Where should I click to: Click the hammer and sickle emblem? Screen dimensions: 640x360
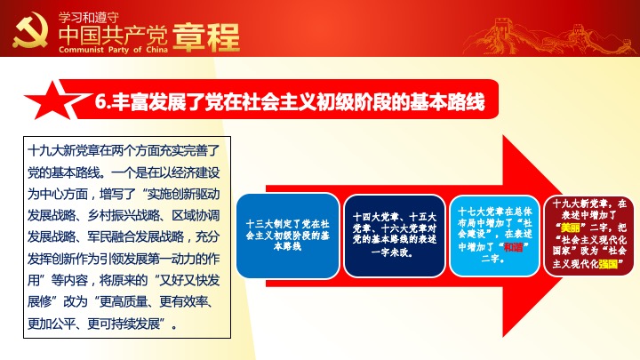(x=30, y=30)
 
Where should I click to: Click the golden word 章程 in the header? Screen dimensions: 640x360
(x=206, y=37)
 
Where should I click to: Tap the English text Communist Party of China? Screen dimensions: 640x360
(x=113, y=50)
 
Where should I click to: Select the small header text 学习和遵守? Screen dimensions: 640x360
(x=89, y=18)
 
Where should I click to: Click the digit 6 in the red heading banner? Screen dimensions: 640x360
(x=100, y=101)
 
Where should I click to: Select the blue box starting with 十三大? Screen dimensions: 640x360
(x=288, y=236)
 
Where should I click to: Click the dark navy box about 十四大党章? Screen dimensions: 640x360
(x=395, y=236)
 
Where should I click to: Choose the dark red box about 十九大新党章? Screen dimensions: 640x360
(x=589, y=235)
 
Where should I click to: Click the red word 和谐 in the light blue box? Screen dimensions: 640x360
(x=513, y=247)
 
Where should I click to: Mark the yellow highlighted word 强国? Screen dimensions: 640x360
(x=608, y=264)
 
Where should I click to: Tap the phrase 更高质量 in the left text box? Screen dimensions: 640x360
(x=124, y=301)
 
